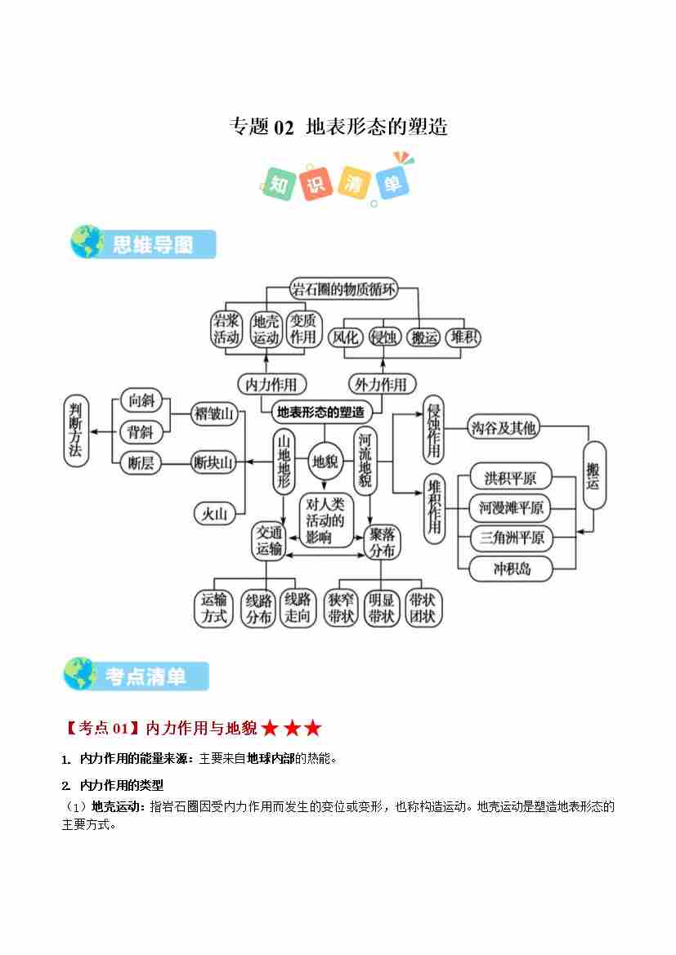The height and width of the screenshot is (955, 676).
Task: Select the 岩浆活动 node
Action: (x=226, y=328)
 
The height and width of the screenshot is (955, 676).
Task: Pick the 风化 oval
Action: (x=343, y=337)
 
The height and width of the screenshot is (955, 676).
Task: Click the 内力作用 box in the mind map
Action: (x=271, y=383)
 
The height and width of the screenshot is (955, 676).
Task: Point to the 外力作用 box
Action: (x=381, y=383)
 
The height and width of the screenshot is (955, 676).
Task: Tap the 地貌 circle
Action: (x=325, y=462)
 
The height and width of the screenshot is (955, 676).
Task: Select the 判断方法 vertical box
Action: (x=76, y=431)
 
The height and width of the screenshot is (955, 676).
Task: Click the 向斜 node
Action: (x=141, y=400)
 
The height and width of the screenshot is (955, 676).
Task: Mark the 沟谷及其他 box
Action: (x=504, y=426)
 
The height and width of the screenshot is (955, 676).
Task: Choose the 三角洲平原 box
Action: (x=512, y=538)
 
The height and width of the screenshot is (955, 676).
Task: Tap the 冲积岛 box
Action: (x=512, y=569)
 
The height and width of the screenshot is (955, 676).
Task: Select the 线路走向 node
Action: (x=298, y=608)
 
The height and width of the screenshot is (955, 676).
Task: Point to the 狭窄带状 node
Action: (x=341, y=608)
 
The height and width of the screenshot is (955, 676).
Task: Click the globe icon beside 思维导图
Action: (x=86, y=243)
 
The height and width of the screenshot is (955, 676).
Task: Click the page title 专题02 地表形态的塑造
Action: (x=338, y=127)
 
